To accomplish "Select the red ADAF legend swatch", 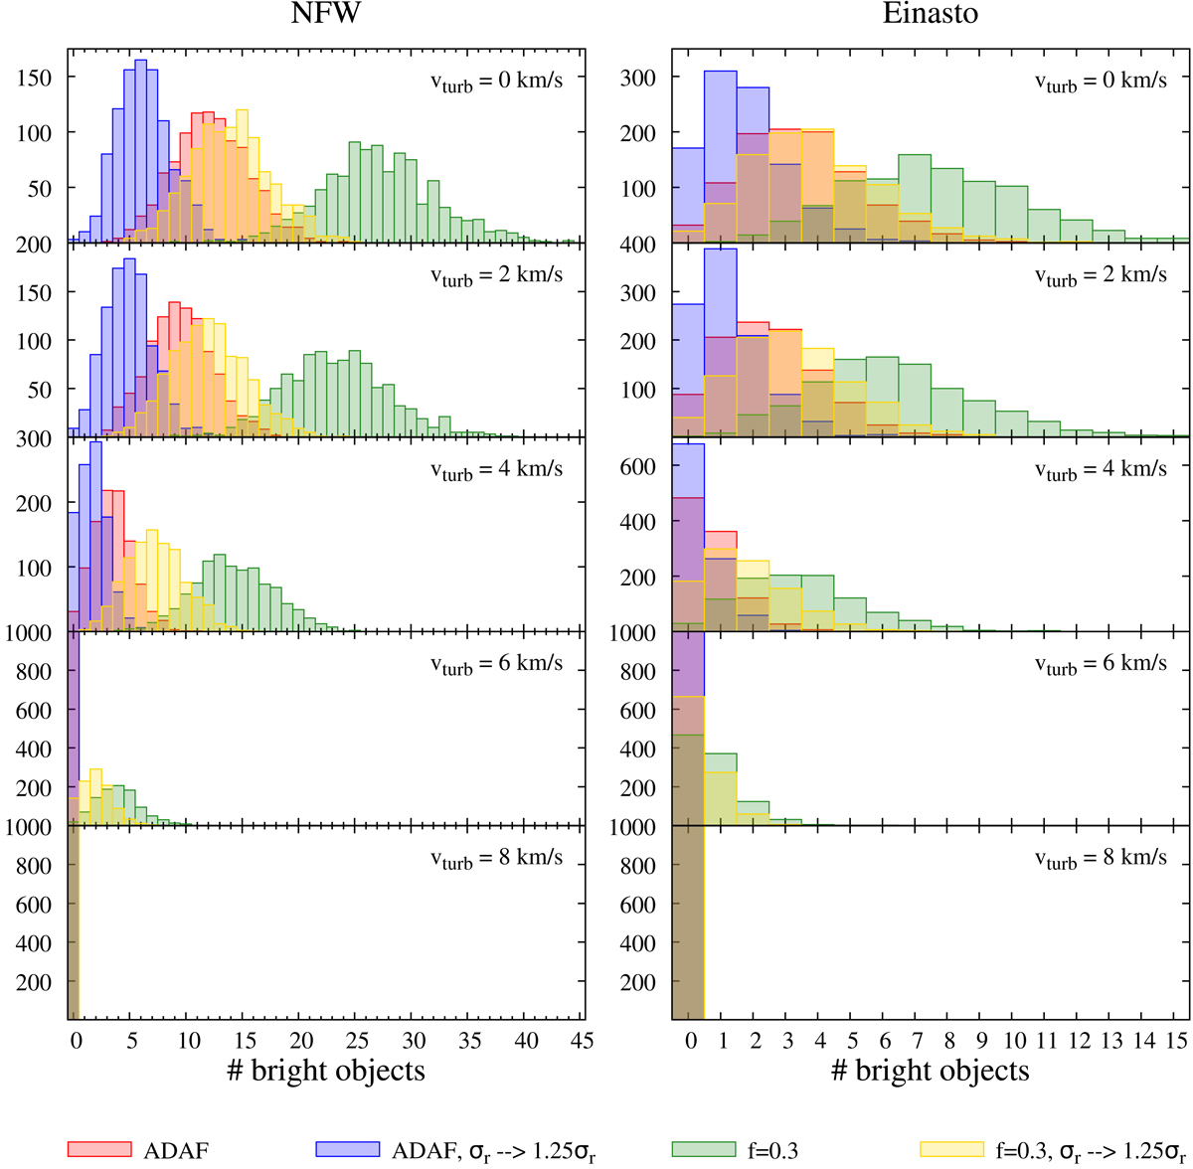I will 98,1149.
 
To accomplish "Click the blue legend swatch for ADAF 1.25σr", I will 348,1149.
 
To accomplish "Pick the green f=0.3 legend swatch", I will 703,1149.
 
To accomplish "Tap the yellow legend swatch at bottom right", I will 951,1149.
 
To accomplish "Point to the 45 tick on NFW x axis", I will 583,1040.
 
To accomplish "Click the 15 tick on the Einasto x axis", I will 1177,1040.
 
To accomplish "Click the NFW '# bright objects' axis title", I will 325,1072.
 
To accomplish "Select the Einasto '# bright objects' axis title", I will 930,1072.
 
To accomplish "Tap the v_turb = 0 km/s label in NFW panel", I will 496,81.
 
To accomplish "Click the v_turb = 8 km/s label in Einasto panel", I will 1101,858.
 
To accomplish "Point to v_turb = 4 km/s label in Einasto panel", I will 1101,469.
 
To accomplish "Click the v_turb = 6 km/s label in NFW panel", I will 496,664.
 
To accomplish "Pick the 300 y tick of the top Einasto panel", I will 637,77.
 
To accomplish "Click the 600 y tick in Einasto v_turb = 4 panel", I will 637,465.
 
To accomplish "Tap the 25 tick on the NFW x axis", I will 358,1040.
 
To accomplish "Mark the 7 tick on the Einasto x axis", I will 915,1040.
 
